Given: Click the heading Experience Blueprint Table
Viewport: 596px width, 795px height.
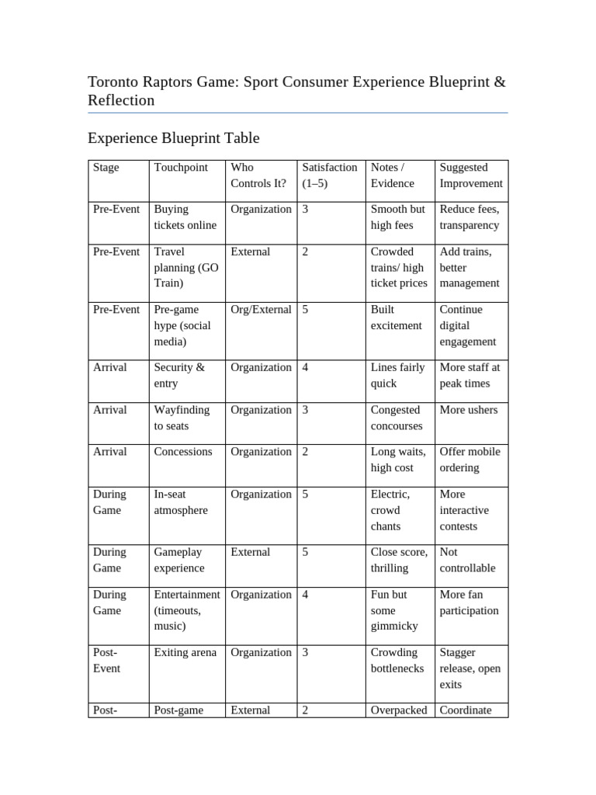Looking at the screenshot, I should coord(173,138).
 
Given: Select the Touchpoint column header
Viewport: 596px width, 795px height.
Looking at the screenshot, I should coord(181,168).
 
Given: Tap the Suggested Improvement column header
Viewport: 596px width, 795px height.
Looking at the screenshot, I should coord(470,175).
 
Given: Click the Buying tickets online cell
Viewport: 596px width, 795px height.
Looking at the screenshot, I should coord(185,217).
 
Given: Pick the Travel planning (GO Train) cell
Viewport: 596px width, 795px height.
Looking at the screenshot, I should coord(186,268).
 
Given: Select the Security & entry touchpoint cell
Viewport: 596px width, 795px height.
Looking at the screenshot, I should coord(179,376).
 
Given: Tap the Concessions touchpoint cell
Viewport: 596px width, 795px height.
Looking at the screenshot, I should coord(182,452).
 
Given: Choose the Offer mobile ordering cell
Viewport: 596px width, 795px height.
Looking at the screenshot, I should coord(470,460).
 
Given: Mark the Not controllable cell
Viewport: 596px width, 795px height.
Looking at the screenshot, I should coord(467,560).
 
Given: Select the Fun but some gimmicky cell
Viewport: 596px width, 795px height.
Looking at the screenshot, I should coord(396,610).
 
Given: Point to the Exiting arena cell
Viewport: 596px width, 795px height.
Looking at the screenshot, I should coord(185,652).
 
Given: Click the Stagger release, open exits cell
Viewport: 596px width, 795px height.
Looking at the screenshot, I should coord(470,668).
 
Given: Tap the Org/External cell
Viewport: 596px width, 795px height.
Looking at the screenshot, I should coord(260,309).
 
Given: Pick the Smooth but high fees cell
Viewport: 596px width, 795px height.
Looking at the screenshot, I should coord(397,217).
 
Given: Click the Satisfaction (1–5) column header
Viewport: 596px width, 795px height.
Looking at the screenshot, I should coord(329,175).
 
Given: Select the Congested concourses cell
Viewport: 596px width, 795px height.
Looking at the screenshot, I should coord(397,418).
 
